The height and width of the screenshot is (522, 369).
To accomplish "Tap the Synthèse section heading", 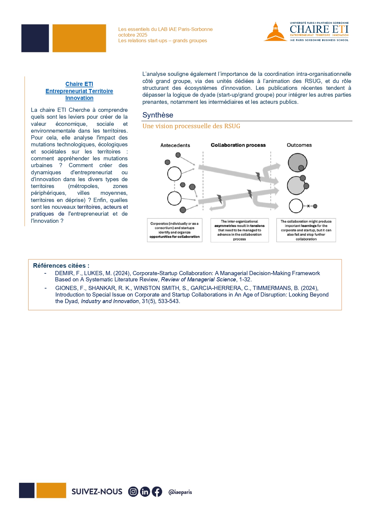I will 158,115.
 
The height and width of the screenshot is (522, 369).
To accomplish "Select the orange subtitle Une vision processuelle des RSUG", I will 191,126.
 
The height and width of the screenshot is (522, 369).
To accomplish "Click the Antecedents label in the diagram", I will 175,145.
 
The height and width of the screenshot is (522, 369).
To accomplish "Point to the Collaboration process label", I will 238,145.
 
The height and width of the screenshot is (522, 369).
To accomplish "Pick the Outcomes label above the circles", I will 299,145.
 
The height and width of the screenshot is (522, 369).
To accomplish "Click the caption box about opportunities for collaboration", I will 175,230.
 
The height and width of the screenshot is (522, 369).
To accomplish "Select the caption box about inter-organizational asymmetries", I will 239,230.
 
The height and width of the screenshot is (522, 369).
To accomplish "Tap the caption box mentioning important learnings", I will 306,230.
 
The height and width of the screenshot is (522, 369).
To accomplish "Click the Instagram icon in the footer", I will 133,492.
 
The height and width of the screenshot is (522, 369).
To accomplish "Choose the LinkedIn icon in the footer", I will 145,492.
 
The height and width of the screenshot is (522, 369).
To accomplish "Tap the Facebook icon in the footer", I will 157,492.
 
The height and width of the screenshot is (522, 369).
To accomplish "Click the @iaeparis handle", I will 180,492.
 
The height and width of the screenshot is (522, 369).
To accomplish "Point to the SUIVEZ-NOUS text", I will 97,492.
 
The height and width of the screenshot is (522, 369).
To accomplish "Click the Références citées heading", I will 61,266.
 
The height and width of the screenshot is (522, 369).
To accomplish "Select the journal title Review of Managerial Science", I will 198,280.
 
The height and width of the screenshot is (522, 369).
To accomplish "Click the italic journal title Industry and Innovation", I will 110,301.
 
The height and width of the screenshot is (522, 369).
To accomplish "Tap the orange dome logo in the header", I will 275,32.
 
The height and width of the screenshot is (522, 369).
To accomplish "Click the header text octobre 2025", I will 133,35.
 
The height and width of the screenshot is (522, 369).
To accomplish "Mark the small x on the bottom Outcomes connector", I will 308,206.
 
